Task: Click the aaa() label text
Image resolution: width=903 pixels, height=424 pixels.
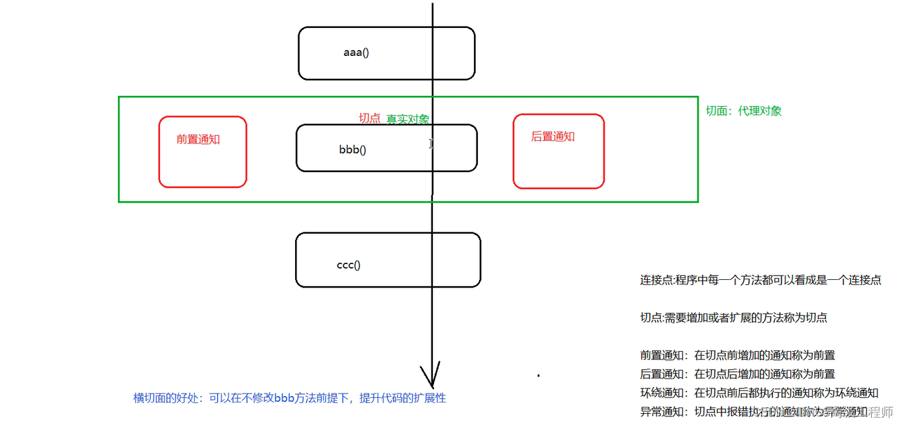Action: click(356, 53)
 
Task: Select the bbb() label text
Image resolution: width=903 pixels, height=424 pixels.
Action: click(353, 150)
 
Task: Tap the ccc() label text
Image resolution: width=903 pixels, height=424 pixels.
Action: click(348, 265)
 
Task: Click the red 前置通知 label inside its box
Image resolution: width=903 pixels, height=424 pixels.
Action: click(198, 140)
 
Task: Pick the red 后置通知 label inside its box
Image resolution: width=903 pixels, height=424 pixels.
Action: click(553, 136)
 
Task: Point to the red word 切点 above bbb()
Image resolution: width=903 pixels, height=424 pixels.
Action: click(369, 118)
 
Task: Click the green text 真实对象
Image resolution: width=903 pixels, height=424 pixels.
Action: click(408, 119)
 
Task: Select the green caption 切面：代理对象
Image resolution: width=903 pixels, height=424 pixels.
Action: click(744, 110)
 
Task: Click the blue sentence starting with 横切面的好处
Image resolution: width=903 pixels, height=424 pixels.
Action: click(289, 398)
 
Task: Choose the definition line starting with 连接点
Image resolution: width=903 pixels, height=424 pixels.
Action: click(760, 280)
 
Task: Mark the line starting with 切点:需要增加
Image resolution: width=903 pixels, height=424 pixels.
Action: click(734, 318)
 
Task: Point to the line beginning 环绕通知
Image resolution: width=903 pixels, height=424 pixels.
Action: click(759, 392)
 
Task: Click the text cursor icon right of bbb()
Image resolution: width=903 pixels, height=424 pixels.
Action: click(431, 144)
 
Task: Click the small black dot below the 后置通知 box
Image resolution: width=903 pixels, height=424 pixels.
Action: click(538, 376)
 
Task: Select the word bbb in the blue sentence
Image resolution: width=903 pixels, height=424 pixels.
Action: click(285, 398)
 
